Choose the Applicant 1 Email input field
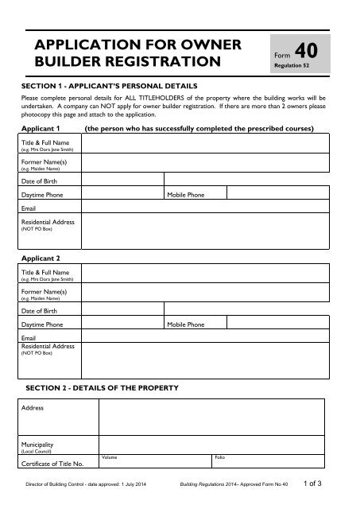[x=210, y=207]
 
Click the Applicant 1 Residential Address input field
[x=210, y=231]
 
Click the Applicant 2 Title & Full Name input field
[x=210, y=274]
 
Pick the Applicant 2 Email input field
[x=210, y=336]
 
